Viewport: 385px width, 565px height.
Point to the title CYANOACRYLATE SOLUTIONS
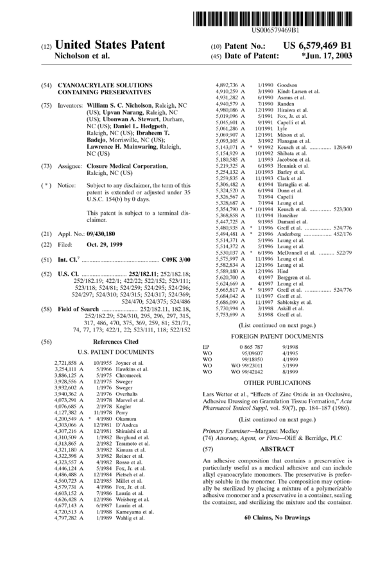pyautogui.click(x=106, y=85)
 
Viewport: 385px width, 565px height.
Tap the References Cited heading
pyautogui.click(x=114, y=342)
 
